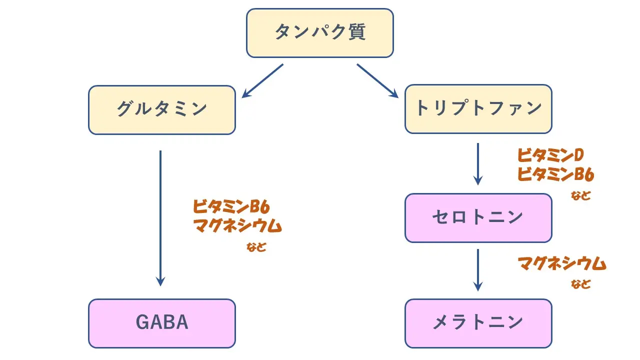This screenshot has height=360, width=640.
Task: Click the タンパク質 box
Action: coord(320,33)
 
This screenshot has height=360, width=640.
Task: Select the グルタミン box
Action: coord(161,109)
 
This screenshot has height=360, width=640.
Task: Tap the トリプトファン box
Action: coord(478,109)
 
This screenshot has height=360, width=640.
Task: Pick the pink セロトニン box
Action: coord(478,217)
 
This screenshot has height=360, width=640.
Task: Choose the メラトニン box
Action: coord(478,323)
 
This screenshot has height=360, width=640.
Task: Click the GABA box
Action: coord(161,323)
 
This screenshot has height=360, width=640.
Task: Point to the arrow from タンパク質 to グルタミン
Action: coord(262,80)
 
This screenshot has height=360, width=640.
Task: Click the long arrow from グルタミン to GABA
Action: coord(160,217)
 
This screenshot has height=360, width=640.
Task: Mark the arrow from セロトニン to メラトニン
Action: coord(478,270)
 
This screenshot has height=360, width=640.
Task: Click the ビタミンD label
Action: coord(550,156)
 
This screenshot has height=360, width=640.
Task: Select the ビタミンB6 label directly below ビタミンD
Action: coord(555,175)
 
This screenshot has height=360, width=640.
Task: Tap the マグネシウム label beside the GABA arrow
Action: coord(237,226)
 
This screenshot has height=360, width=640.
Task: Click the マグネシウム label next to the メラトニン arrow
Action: coord(561,263)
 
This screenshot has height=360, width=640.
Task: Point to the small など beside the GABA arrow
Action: coord(256,247)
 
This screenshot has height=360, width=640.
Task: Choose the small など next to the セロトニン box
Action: coord(580,195)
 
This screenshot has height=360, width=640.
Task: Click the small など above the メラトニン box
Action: coord(580,284)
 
